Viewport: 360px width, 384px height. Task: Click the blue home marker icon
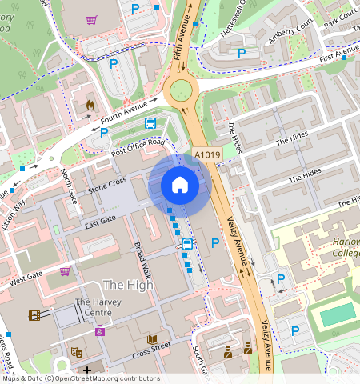click(180, 186)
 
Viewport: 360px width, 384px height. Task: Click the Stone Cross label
click(107, 186)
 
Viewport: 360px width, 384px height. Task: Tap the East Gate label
click(101, 219)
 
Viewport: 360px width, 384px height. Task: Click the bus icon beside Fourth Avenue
click(150, 123)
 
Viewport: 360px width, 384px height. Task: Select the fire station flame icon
click(90, 104)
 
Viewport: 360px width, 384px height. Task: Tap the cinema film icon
click(34, 315)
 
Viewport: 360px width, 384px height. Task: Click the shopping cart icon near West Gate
click(64, 271)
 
